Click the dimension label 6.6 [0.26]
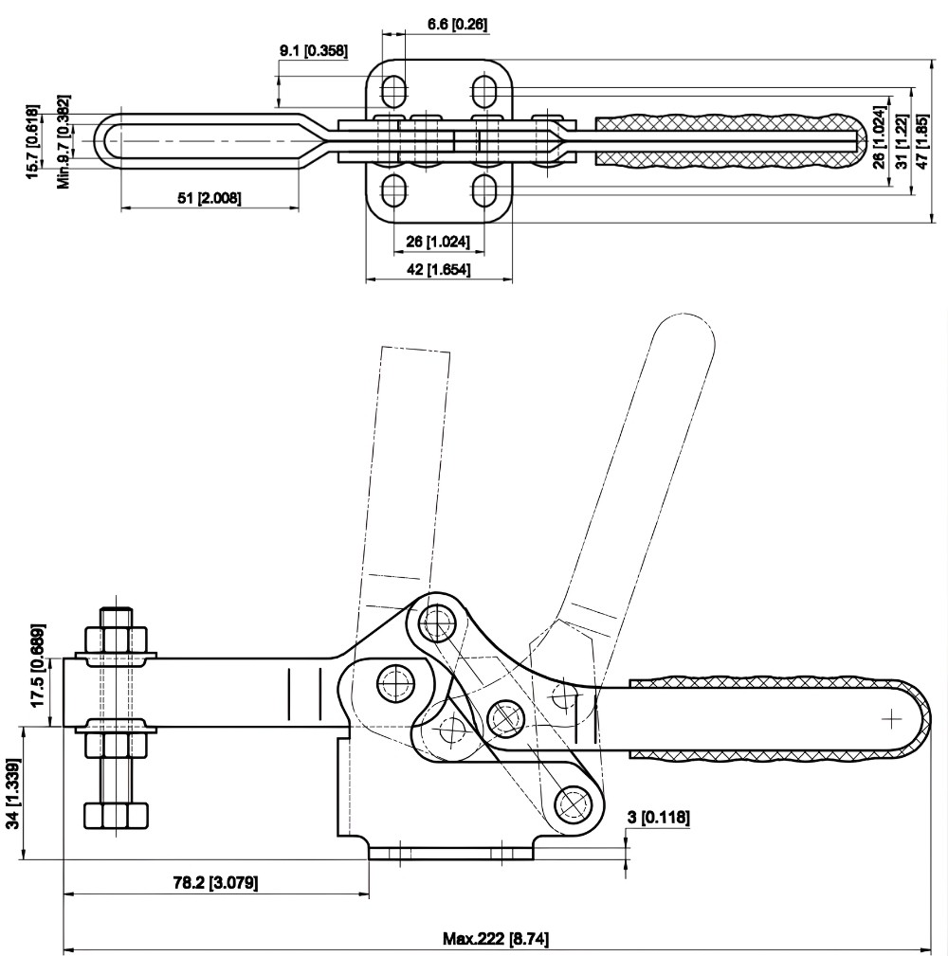click(457, 24)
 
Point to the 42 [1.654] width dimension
click(438, 270)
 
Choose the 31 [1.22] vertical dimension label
click(902, 143)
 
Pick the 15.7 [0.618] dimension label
click(32, 141)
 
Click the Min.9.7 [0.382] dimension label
click(64, 141)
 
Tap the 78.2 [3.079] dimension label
click(213, 883)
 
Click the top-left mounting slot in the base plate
click(393, 91)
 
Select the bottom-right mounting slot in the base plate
click(484, 189)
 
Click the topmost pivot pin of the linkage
click(435, 622)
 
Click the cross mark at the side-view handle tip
click(890, 720)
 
